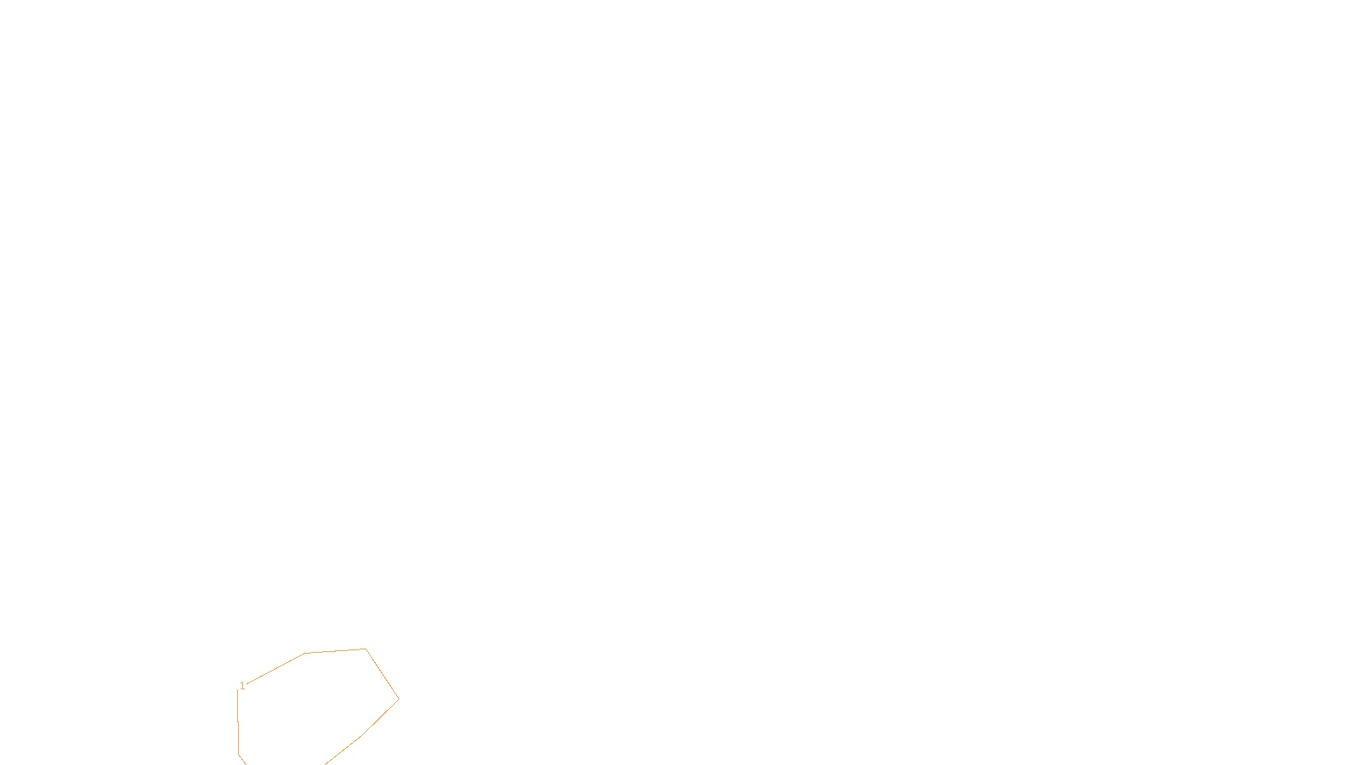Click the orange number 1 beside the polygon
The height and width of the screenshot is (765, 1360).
[242, 686]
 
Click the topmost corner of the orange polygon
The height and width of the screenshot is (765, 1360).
[365, 649]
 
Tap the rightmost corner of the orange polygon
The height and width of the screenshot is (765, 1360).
[399, 700]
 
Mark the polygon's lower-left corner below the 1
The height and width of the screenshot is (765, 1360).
[239, 754]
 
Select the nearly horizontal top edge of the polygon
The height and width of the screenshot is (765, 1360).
[335, 651]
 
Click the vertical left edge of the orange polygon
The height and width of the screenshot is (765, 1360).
[238, 722]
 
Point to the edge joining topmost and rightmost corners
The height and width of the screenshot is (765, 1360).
[382, 675]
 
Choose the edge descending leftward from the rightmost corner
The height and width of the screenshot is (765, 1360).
[380, 718]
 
